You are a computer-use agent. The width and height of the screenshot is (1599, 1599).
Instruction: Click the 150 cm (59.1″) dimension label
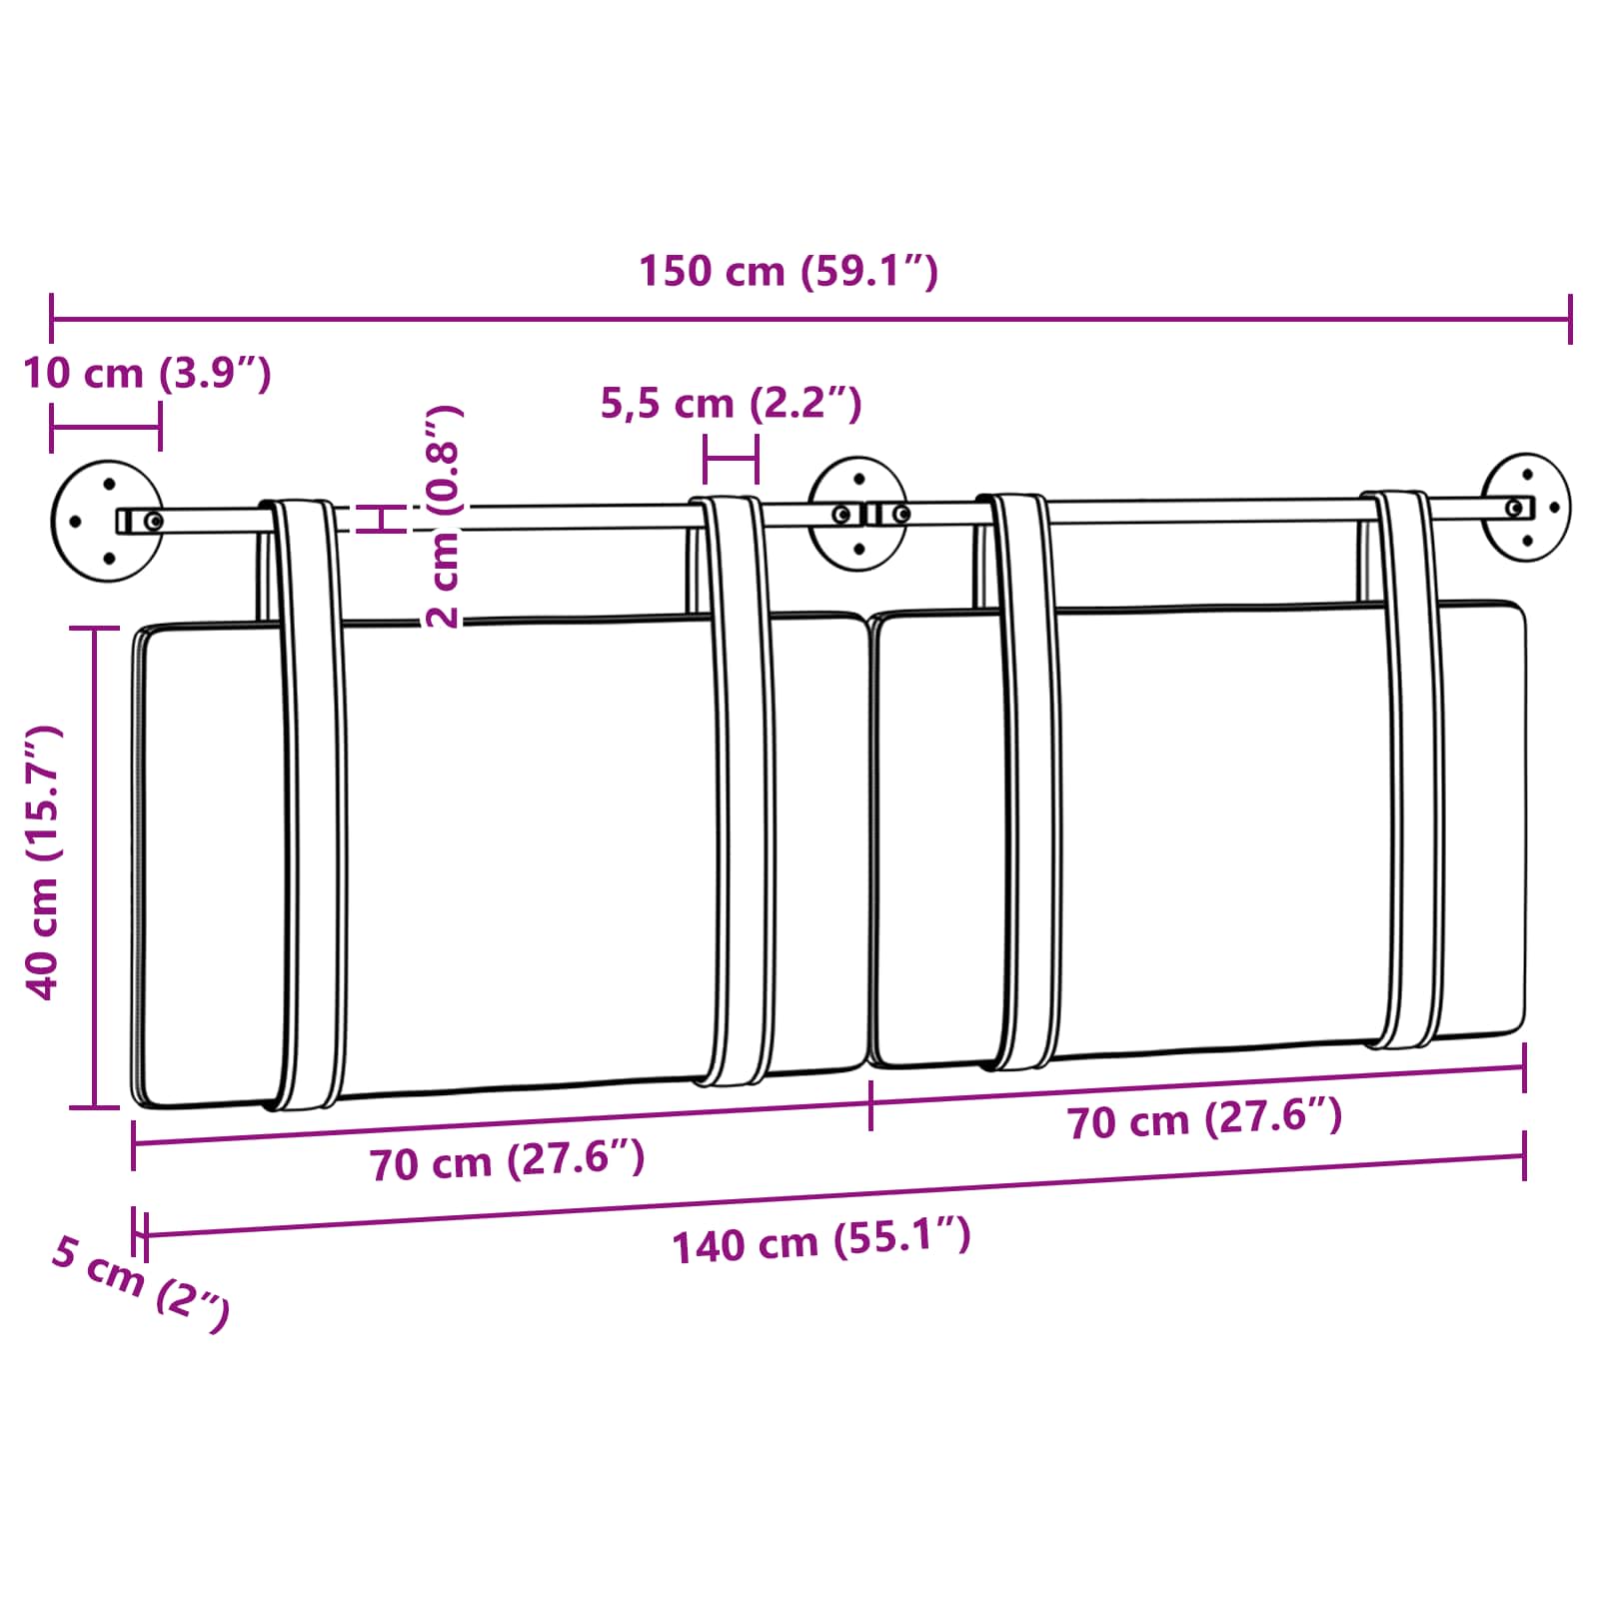point(788,271)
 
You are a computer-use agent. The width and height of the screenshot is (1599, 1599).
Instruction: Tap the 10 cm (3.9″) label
point(147,373)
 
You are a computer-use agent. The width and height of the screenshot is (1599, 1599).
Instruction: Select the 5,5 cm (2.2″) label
point(731,403)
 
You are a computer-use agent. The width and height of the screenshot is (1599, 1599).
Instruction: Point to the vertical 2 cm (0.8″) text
point(443,517)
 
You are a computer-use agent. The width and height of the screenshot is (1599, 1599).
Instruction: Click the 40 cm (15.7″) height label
point(44,862)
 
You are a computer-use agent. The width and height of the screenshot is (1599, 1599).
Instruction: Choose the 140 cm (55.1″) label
point(820,1242)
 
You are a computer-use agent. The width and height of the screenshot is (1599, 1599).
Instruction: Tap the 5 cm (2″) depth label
point(141,1282)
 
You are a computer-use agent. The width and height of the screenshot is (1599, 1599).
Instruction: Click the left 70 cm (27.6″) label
point(507,1161)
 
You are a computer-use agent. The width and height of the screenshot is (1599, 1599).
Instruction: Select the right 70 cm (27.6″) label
point(1204,1119)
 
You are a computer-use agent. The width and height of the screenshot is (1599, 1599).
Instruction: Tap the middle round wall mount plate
point(857,514)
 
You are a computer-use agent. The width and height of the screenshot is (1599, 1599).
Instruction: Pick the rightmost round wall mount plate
point(1526,507)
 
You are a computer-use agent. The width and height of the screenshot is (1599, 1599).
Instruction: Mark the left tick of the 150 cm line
point(51,320)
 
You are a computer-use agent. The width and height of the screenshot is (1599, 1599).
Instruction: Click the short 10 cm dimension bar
point(105,428)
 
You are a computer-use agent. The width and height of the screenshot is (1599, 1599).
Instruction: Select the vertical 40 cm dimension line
point(96,866)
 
